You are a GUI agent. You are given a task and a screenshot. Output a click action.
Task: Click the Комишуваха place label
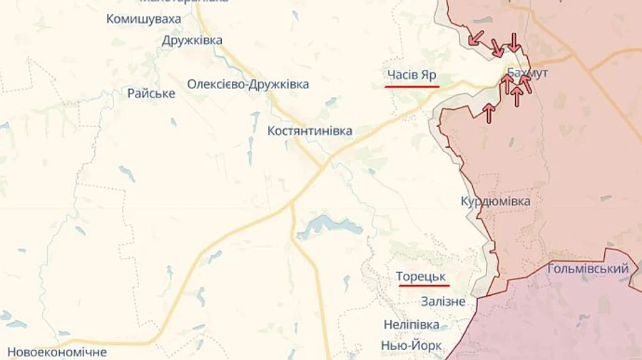tap(143, 19)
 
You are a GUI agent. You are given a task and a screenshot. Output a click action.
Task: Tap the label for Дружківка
tap(192, 41)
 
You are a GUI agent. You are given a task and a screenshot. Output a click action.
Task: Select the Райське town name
tap(151, 93)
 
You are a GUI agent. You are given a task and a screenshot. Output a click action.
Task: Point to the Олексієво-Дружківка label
tap(248, 84)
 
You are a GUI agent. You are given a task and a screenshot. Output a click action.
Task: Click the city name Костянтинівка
tap(310, 131)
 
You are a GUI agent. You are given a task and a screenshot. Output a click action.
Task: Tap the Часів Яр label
tap(412, 75)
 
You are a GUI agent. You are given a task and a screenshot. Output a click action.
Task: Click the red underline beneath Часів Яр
tap(412, 86)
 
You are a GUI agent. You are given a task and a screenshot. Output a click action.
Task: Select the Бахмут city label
tap(527, 73)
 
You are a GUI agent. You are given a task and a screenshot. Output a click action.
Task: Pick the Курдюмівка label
tap(496, 202)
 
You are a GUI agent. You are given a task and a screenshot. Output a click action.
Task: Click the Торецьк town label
tap(424, 275)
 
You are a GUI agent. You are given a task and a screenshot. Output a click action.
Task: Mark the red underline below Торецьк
tap(424, 286)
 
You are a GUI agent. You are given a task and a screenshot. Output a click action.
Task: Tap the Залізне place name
tap(443, 302)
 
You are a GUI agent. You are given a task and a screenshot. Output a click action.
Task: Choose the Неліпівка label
tap(411, 324)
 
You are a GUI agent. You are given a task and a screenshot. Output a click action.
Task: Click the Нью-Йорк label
tap(412, 346)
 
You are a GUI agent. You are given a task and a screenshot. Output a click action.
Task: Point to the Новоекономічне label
tap(57, 352)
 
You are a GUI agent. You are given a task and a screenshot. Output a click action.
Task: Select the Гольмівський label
tap(588, 269)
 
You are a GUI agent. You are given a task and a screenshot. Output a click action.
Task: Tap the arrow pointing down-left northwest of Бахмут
tap(476, 37)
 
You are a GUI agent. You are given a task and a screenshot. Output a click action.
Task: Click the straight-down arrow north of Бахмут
tap(514, 41)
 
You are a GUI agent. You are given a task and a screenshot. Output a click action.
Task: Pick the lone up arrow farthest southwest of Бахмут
tap(489, 113)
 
